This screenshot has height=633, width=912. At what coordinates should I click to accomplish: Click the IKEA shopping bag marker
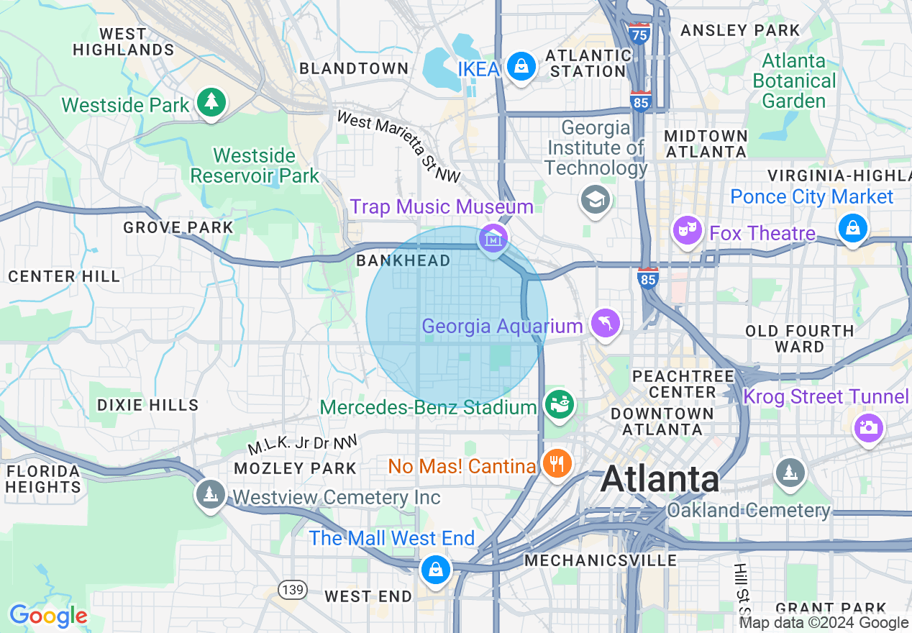[x=521, y=67]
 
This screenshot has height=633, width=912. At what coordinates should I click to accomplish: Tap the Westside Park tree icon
[x=211, y=103]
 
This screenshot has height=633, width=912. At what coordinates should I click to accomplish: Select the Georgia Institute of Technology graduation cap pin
[x=596, y=199]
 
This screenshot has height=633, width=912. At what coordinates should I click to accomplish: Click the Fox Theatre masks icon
[x=688, y=230]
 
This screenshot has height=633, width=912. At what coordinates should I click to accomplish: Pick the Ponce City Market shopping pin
[x=852, y=228]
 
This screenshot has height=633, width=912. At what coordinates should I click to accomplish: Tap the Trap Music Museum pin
[x=493, y=238]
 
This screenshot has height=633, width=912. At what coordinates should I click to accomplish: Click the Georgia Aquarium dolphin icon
[x=605, y=323]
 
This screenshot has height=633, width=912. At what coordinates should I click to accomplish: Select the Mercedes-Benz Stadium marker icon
[x=559, y=404]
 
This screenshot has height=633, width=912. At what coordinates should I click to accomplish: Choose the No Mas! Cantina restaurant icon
[x=556, y=463]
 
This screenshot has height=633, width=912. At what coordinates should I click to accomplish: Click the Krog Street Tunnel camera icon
[x=868, y=428]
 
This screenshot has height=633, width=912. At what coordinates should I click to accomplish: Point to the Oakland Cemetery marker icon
[x=790, y=473]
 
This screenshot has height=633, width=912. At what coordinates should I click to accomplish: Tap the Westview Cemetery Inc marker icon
[x=210, y=494]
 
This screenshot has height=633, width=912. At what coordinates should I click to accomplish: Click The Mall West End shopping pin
[x=435, y=569]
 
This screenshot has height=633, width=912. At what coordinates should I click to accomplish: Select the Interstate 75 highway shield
[x=638, y=33]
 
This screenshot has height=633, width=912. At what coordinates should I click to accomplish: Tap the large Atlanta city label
[x=660, y=479]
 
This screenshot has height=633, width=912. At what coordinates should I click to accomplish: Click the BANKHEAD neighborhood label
[x=403, y=261]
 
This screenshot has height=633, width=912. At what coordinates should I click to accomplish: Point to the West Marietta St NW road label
[x=398, y=147]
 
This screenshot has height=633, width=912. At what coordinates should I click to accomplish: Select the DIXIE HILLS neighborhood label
[x=147, y=405]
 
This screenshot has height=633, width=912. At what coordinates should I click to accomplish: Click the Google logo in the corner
[x=48, y=616]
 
